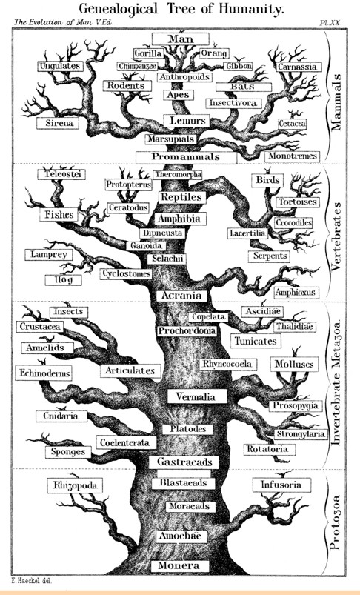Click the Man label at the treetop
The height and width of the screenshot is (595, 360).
[x=181, y=39]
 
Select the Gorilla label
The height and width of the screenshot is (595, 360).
[x=148, y=53]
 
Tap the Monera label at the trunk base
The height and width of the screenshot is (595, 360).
[x=180, y=565]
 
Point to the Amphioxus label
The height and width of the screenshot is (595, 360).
[x=295, y=293]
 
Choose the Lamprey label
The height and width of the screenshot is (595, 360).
[x=49, y=255]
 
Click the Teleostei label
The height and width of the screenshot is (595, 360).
[x=61, y=174]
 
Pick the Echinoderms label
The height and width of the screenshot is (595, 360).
[x=44, y=373]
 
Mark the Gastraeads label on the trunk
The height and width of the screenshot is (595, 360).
[x=184, y=462]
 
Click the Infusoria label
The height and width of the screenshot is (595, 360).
[x=281, y=485]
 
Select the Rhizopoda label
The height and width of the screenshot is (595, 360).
[x=75, y=485]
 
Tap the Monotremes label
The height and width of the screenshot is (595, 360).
[x=293, y=156]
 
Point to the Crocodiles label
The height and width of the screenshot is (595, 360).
[x=293, y=223]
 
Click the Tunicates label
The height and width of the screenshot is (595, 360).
[x=256, y=341]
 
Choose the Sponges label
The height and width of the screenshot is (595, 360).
[x=68, y=452]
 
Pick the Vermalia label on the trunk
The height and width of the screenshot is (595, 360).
[x=197, y=396]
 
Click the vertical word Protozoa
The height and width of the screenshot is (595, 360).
[x=335, y=522]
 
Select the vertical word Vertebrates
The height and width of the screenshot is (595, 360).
[x=336, y=236]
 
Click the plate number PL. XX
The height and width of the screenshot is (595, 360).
[x=330, y=23]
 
